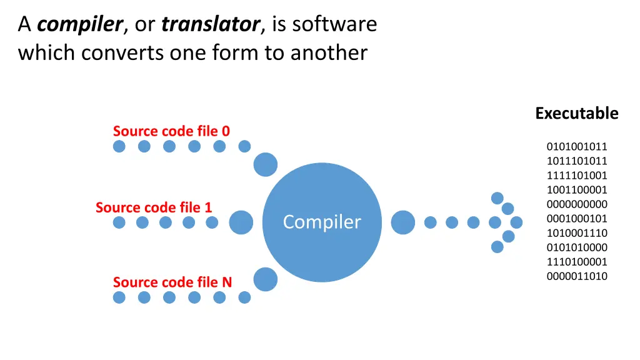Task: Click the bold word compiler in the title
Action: pos(79,24)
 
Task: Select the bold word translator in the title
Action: pos(211,24)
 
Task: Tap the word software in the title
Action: pos(334,24)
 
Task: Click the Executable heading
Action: pos(576,113)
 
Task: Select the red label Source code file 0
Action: pos(171,131)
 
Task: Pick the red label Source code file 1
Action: pos(154,207)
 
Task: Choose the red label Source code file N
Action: pos(172,282)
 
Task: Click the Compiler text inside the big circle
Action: pos(322,222)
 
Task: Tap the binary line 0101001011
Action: pos(577,147)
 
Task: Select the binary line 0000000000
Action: pos(577,204)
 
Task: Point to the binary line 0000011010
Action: pos(577,276)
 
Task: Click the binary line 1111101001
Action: pos(577,176)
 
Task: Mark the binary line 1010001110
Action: pos(577,233)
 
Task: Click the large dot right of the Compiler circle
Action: pos(402,222)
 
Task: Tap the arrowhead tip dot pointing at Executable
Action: pos(516,222)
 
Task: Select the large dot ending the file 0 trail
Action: pos(265,165)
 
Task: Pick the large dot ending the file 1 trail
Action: pos(241,222)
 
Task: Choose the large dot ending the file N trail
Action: pos(265,279)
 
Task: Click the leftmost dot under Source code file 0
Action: pos(119,146)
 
